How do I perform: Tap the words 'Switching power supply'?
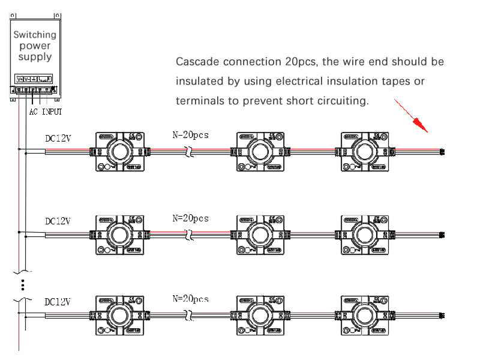(x=35, y=46)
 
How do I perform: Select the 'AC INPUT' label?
(x=46, y=112)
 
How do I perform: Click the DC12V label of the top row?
(x=58, y=138)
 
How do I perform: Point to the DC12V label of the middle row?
(x=58, y=221)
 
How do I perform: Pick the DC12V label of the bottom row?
(x=58, y=302)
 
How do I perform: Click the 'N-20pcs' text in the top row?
(x=190, y=135)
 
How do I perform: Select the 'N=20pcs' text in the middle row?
(x=190, y=218)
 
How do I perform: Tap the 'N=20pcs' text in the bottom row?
(x=190, y=299)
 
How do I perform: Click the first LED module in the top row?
(x=118, y=152)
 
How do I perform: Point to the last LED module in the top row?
(x=364, y=152)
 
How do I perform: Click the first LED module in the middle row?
(x=118, y=234)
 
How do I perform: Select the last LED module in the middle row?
(x=364, y=234)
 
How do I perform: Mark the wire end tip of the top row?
(x=442, y=151)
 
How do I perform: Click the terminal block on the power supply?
(x=34, y=91)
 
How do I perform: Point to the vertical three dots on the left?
(x=22, y=284)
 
